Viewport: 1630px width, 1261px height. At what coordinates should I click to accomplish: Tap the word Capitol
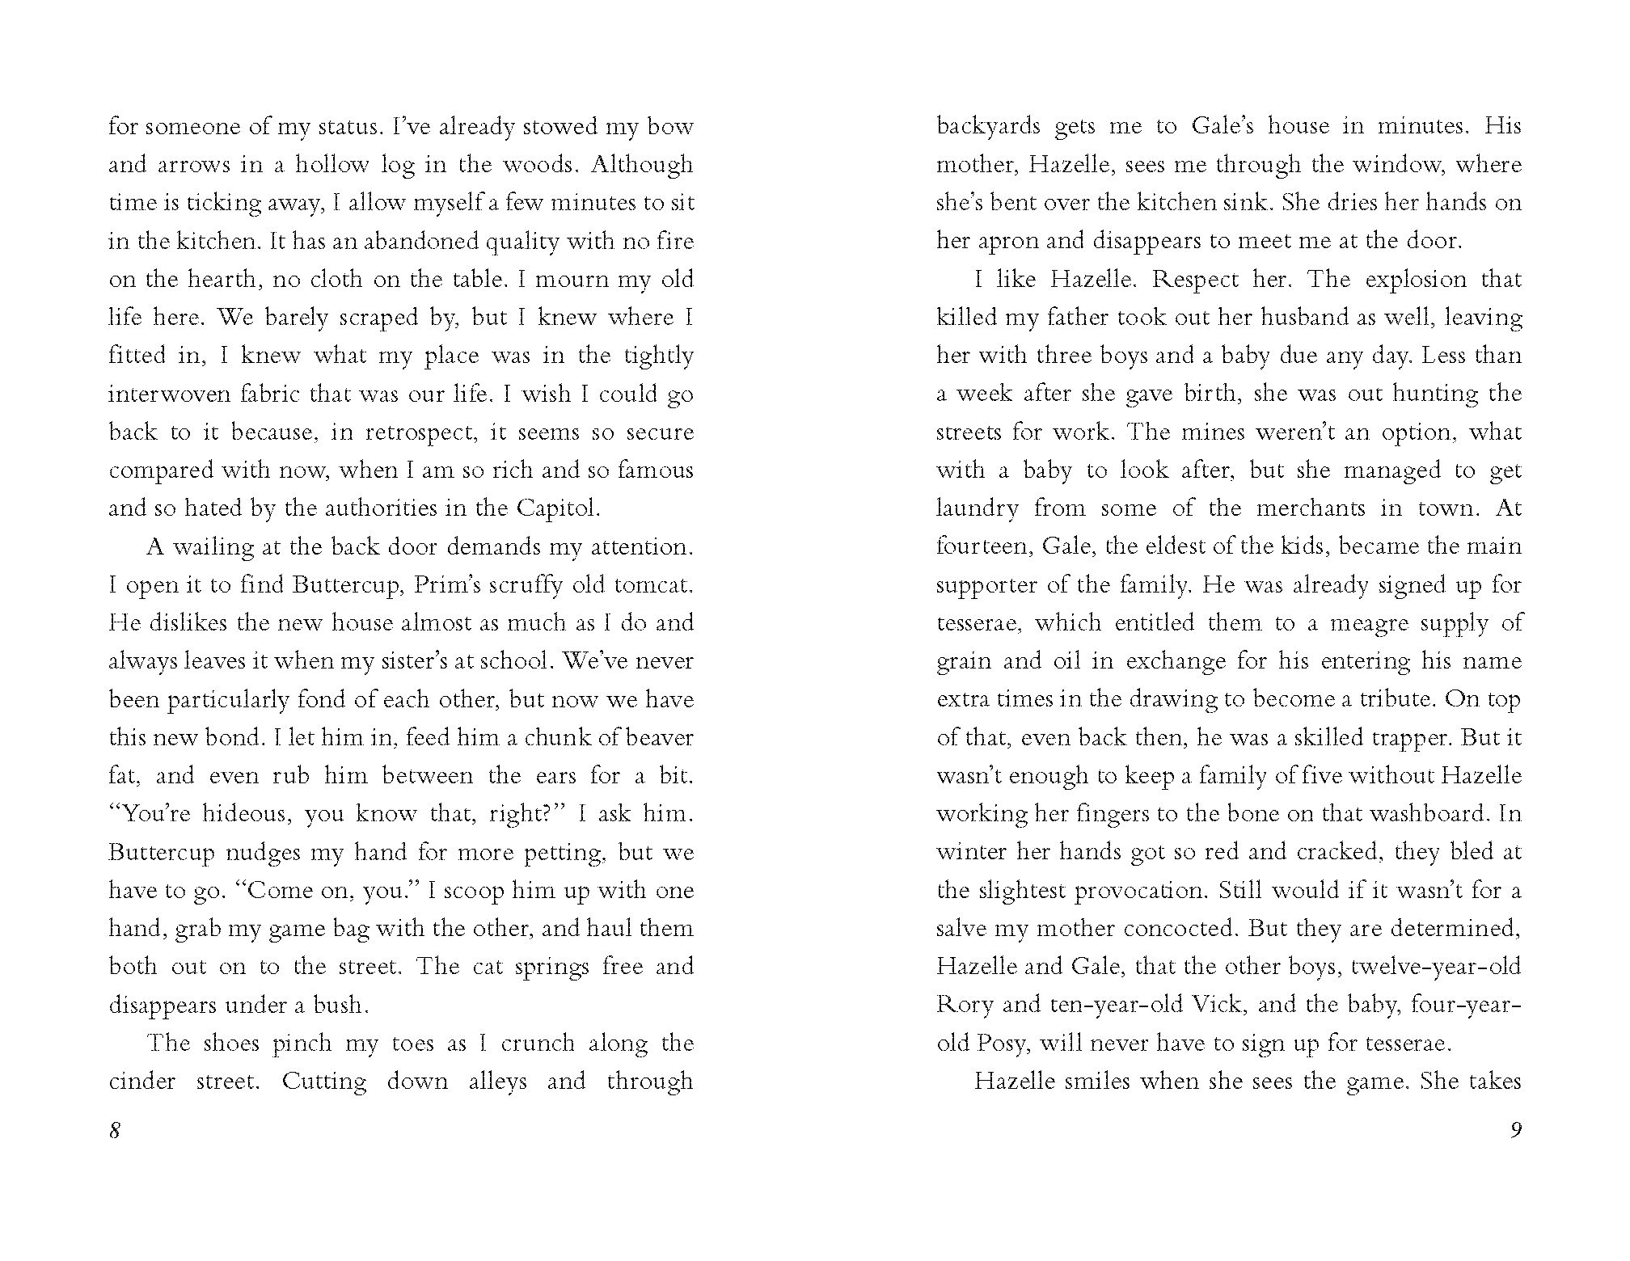point(558,508)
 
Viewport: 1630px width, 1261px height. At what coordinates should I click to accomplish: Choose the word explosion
point(1415,280)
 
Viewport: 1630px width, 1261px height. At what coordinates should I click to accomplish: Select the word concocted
point(1177,928)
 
